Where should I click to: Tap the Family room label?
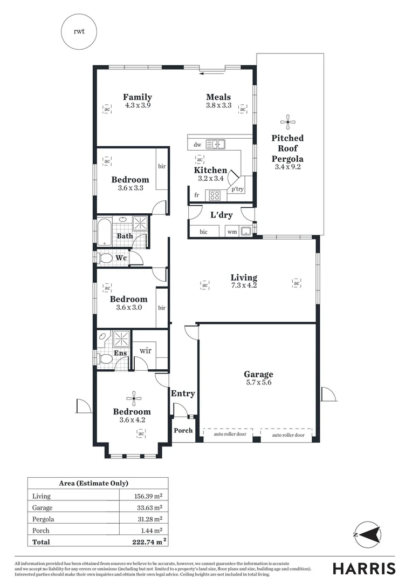137,97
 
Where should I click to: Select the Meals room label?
218,97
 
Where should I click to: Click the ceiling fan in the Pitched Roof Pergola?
287,120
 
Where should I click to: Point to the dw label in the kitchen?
197,144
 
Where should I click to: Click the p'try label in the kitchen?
237,189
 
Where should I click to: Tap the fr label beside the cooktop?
197,195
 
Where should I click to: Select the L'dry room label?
221,215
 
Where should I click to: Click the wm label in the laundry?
232,232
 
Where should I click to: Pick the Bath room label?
125,236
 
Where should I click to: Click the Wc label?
122,258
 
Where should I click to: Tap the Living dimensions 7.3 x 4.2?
244,286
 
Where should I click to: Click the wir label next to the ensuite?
146,350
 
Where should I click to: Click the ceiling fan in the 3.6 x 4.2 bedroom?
133,399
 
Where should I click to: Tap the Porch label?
183,431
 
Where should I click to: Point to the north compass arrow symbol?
367,534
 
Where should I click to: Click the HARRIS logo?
364,568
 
